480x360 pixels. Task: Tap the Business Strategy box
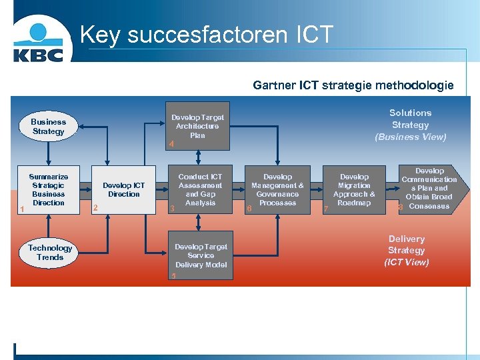(x=48, y=127)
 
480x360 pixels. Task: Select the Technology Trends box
(x=50, y=252)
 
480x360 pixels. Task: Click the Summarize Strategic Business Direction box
(x=49, y=190)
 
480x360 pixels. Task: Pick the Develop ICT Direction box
(x=124, y=190)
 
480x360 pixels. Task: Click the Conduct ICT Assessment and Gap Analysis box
(x=200, y=190)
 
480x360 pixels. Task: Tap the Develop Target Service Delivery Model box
(x=201, y=256)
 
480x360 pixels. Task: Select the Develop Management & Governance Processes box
(x=277, y=190)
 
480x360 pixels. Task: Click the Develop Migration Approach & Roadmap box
(x=354, y=190)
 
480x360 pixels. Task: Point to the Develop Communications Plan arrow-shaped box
(x=429, y=189)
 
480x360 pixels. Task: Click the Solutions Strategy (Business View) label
(x=410, y=125)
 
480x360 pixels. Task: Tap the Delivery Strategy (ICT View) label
(x=406, y=251)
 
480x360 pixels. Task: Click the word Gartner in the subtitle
(x=274, y=85)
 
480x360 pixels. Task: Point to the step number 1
(x=23, y=209)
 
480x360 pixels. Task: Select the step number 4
(x=171, y=144)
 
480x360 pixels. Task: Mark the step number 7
(x=325, y=209)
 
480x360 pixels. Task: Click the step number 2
(x=96, y=208)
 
